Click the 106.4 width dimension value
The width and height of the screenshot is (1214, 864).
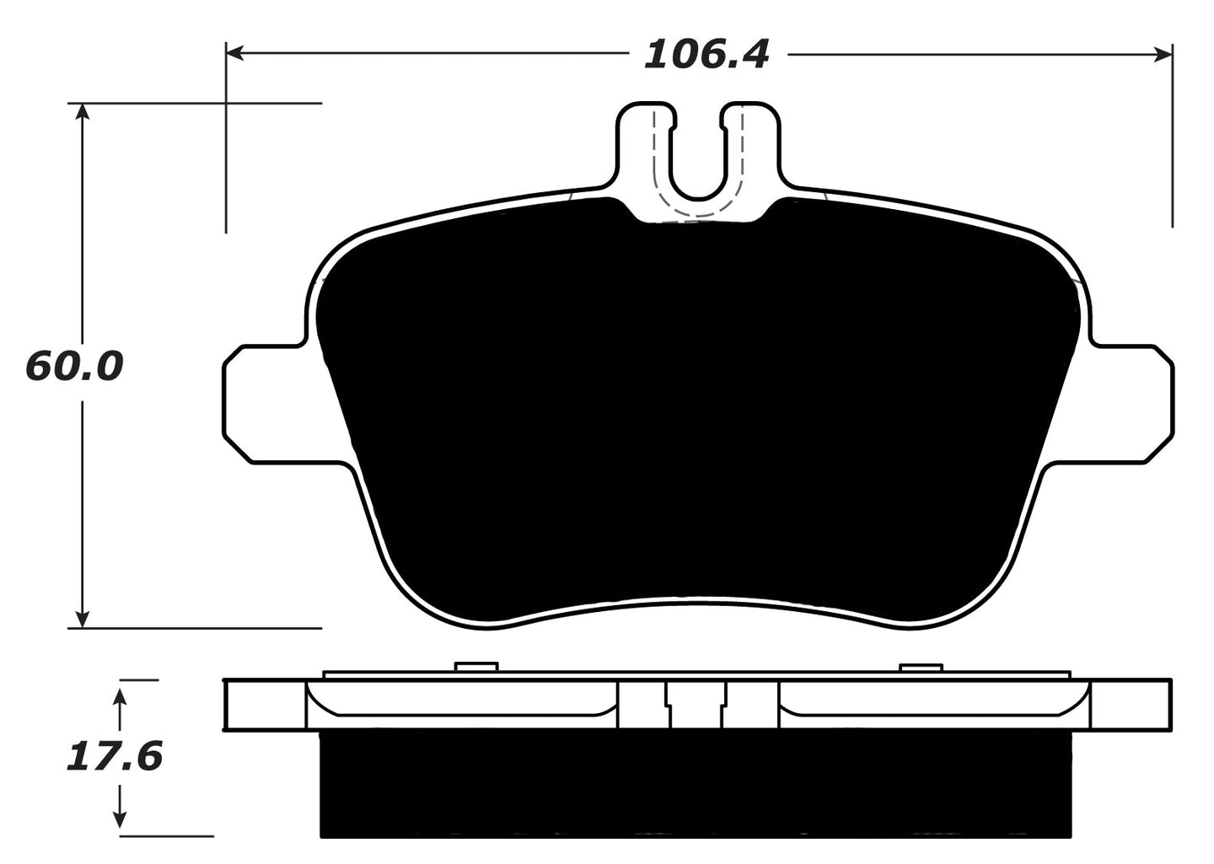click(706, 55)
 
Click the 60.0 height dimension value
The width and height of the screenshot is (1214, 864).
click(75, 367)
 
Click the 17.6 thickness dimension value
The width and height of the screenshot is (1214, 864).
click(114, 756)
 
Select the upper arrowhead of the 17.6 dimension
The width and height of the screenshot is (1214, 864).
click(121, 696)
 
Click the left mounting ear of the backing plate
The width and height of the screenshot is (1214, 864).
click(261, 403)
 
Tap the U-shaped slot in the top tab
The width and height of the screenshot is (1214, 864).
click(697, 160)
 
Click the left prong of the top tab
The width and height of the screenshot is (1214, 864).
click(645, 143)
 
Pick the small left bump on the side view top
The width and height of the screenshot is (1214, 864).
click(476, 667)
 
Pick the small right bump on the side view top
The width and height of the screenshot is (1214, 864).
click(921, 667)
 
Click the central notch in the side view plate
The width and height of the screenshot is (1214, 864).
click(696, 704)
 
